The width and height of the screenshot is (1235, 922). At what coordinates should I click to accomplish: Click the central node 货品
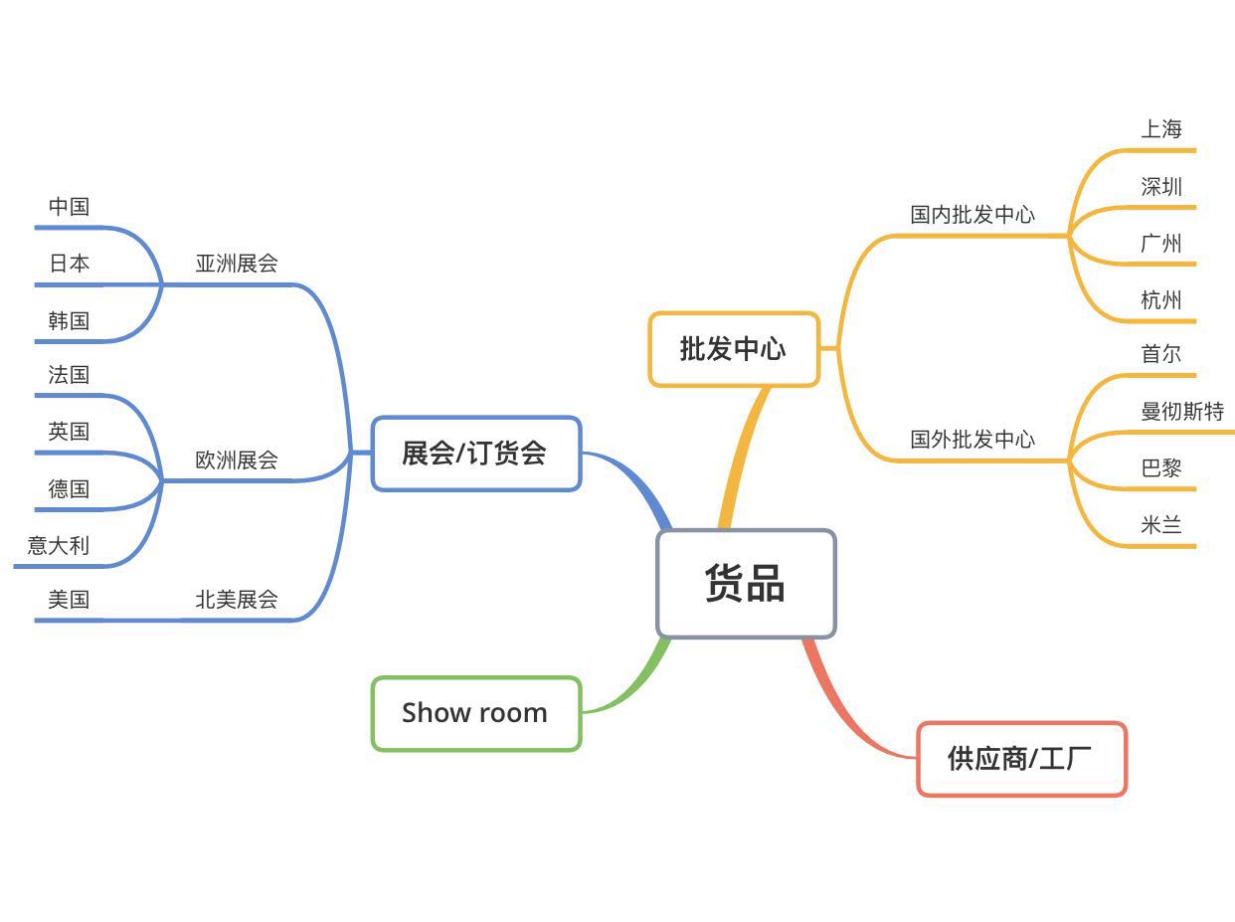pos(746,583)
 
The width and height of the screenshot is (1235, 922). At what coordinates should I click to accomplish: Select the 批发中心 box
pos(734,349)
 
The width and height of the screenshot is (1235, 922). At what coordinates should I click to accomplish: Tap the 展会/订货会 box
pos(475,454)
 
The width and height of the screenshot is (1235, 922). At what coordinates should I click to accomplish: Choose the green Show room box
pos(475,713)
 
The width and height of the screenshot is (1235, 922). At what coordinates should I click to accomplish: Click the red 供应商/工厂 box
pos(1021,759)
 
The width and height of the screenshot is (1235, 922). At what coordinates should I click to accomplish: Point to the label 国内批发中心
pos(972,215)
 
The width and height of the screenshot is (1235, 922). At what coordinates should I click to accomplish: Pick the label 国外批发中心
pos(972,440)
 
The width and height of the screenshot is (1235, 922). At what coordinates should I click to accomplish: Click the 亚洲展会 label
pos(237,264)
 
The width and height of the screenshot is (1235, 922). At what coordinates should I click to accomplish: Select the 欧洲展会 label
pos(237,461)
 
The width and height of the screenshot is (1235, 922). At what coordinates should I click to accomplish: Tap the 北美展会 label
pos(237,600)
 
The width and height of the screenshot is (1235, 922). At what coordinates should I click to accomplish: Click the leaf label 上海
pos(1161,129)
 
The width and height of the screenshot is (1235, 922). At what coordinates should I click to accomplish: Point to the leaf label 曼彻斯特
pos(1182,412)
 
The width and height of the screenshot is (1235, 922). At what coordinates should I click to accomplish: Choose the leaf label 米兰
pos(1161,525)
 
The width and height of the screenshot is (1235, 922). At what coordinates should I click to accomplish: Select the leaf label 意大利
pos(59,546)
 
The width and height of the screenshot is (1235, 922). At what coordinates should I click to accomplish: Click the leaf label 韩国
pos(69,321)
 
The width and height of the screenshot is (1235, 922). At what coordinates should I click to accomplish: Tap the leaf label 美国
pos(69,600)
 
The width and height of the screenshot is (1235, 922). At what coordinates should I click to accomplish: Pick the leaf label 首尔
pos(1161,354)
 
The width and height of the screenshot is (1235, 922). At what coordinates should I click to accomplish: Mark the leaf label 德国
pos(69,489)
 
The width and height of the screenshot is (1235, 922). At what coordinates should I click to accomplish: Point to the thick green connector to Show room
pos(636,682)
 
